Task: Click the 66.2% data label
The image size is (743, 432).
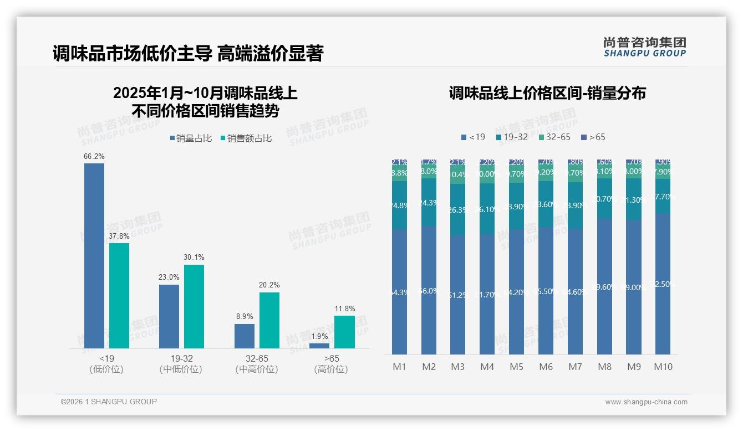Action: point(94,157)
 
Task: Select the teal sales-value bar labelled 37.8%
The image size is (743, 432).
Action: point(119,295)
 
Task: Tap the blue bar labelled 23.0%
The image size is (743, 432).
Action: point(169,316)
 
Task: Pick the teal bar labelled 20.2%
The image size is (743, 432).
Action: point(269,320)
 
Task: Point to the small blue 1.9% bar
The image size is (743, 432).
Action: point(319,346)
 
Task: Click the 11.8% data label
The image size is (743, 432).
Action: point(344,308)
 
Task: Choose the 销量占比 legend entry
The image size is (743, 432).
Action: point(191,138)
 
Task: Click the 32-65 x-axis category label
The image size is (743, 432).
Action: point(257,359)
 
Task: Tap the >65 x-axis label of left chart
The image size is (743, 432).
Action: point(332,359)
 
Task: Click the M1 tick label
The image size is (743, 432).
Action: point(400,367)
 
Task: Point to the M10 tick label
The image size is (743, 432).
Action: point(663,367)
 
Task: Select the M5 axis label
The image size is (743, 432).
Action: point(516,367)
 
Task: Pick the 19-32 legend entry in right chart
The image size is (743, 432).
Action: point(512,137)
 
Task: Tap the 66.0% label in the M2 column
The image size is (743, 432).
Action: point(429,291)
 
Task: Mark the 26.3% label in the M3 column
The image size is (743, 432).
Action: point(458,210)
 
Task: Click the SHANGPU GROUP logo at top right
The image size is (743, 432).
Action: point(644,47)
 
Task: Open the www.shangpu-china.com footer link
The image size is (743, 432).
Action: point(646,402)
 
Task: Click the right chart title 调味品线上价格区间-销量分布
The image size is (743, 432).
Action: point(547,93)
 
